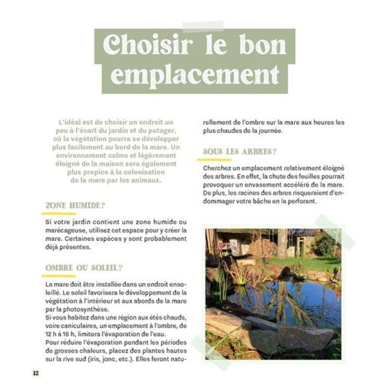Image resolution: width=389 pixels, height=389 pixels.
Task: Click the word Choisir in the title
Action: tap(148, 46)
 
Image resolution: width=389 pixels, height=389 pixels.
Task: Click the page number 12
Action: tap(35, 373)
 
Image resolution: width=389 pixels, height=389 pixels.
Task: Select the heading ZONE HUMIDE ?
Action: tap(75, 206)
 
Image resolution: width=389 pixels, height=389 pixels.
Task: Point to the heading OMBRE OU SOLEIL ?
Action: tap(84, 268)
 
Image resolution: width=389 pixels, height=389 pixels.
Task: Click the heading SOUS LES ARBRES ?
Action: tap(240, 152)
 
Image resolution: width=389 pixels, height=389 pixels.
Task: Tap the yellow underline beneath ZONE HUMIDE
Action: tap(59, 213)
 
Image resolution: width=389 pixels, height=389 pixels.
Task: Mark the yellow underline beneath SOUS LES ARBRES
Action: tap(217, 159)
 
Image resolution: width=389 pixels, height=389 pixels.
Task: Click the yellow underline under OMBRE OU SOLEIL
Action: tap(59, 276)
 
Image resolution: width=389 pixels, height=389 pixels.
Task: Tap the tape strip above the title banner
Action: tap(203, 26)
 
